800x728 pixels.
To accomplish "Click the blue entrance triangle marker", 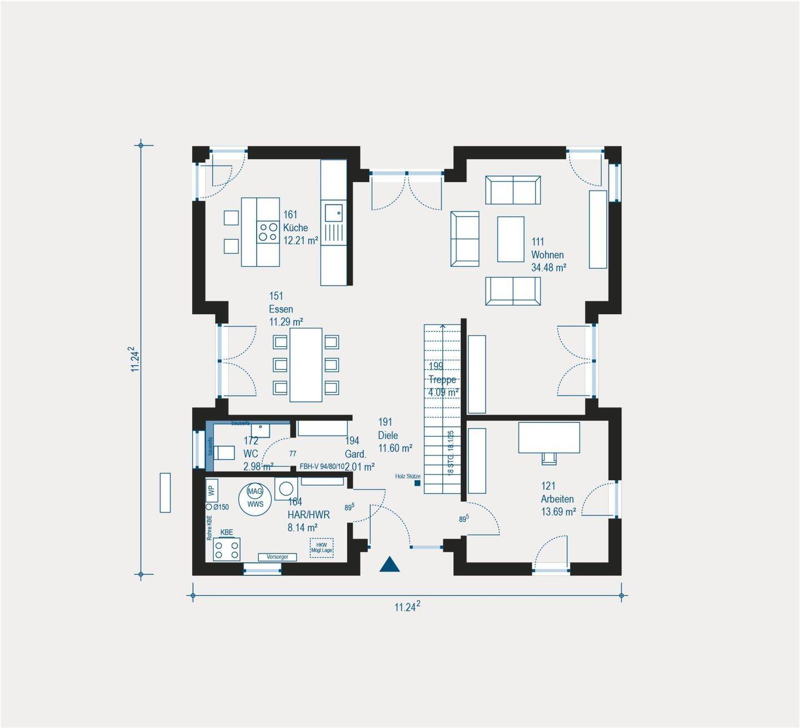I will [x=389, y=565].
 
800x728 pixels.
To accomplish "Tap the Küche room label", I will [x=295, y=228].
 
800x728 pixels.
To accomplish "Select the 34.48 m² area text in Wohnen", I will [x=548, y=268].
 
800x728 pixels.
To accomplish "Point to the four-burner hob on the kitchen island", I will [x=268, y=232].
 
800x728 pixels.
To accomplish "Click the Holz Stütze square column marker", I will [x=417, y=483].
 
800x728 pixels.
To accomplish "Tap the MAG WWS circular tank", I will [x=255, y=497].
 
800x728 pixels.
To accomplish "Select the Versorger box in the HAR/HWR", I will [x=277, y=557].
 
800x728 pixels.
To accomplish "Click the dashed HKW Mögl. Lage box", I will [x=322, y=548].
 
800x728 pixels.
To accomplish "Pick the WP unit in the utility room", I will [x=211, y=490].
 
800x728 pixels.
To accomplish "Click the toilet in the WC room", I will [x=224, y=452].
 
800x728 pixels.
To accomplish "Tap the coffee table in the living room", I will [x=511, y=239].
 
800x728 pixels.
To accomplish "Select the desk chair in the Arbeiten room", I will [x=548, y=458].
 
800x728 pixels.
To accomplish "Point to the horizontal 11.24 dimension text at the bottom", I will [x=407, y=607].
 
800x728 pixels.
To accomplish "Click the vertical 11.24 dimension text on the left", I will [x=134, y=360].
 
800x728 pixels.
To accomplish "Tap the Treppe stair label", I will [x=442, y=380].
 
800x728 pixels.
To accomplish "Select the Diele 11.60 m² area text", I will [x=395, y=448].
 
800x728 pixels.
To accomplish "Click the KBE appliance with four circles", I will [x=227, y=549].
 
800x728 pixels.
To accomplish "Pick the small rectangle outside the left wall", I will [x=165, y=492].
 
